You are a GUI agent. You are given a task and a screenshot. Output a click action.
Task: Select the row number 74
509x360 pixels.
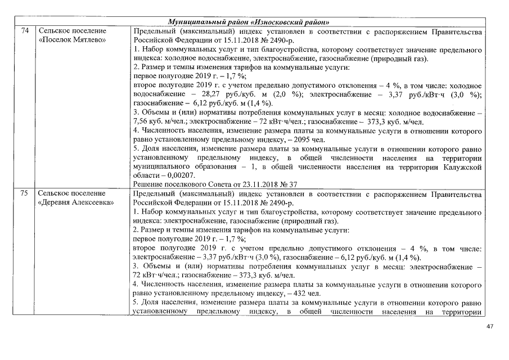click(24, 30)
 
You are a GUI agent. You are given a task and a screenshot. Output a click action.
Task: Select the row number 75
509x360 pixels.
click(24, 193)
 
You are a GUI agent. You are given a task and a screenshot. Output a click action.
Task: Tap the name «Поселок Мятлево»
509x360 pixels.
click(71, 40)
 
